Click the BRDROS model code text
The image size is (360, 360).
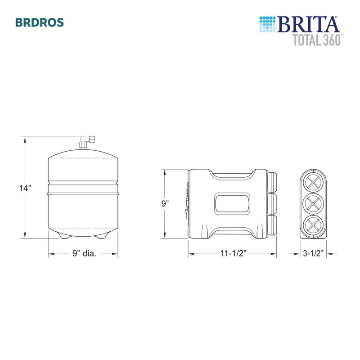[x=39, y=22]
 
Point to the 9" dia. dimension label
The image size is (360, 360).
[x=84, y=254]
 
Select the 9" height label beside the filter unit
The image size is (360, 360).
[x=165, y=203]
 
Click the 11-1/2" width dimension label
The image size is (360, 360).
[x=232, y=254]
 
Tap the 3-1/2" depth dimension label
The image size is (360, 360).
[x=313, y=254]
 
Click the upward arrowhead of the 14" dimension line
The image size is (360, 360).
[x=25, y=140]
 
